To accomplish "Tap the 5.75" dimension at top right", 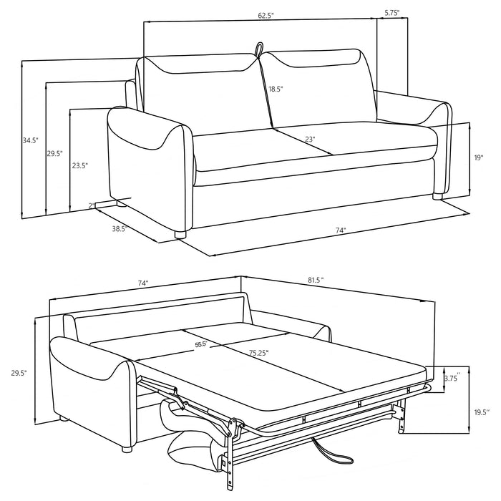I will (391, 12).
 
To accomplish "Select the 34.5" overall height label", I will (31, 141).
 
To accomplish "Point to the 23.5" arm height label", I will (80, 165).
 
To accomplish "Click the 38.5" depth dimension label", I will (119, 230).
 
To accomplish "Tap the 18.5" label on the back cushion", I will (276, 89).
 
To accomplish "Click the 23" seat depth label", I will (309, 140).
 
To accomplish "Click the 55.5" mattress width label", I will (200, 344).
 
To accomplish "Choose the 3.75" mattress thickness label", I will (452, 377).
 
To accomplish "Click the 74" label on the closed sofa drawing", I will (341, 230).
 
